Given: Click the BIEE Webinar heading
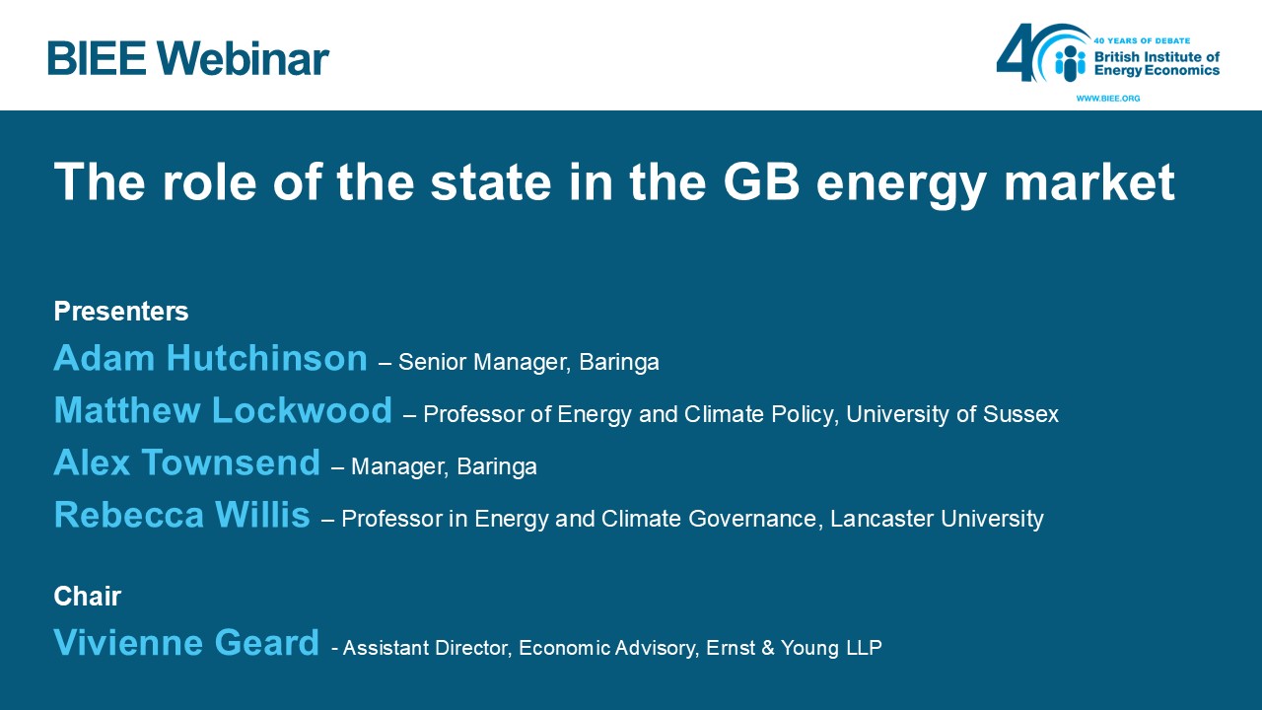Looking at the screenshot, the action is tap(188, 58).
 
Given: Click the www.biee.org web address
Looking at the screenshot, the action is tap(1107, 98).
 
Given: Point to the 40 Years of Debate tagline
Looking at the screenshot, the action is tap(1142, 40).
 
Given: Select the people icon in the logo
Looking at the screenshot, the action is tap(1070, 62).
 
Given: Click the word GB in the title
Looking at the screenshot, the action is tap(761, 181).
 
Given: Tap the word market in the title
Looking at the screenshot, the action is tap(1089, 181).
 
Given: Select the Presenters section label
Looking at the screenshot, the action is tap(121, 311).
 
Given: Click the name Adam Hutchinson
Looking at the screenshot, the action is tap(211, 358).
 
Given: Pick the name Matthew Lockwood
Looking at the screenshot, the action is tap(223, 409).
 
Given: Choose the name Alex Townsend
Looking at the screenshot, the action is tap(187, 462).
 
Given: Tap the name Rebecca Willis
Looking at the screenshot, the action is tap(182, 515).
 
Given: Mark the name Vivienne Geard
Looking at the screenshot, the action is tap(186, 642).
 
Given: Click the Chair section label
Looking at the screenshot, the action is tap(88, 597).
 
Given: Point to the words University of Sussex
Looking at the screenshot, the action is tap(952, 414).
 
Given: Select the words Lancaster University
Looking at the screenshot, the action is tap(937, 519).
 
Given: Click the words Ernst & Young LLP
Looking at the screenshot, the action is tap(795, 648).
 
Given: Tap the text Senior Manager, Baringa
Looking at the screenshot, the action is tap(529, 362).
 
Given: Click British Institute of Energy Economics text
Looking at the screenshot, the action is tap(1157, 63).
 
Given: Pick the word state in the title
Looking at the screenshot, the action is tap(491, 181).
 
